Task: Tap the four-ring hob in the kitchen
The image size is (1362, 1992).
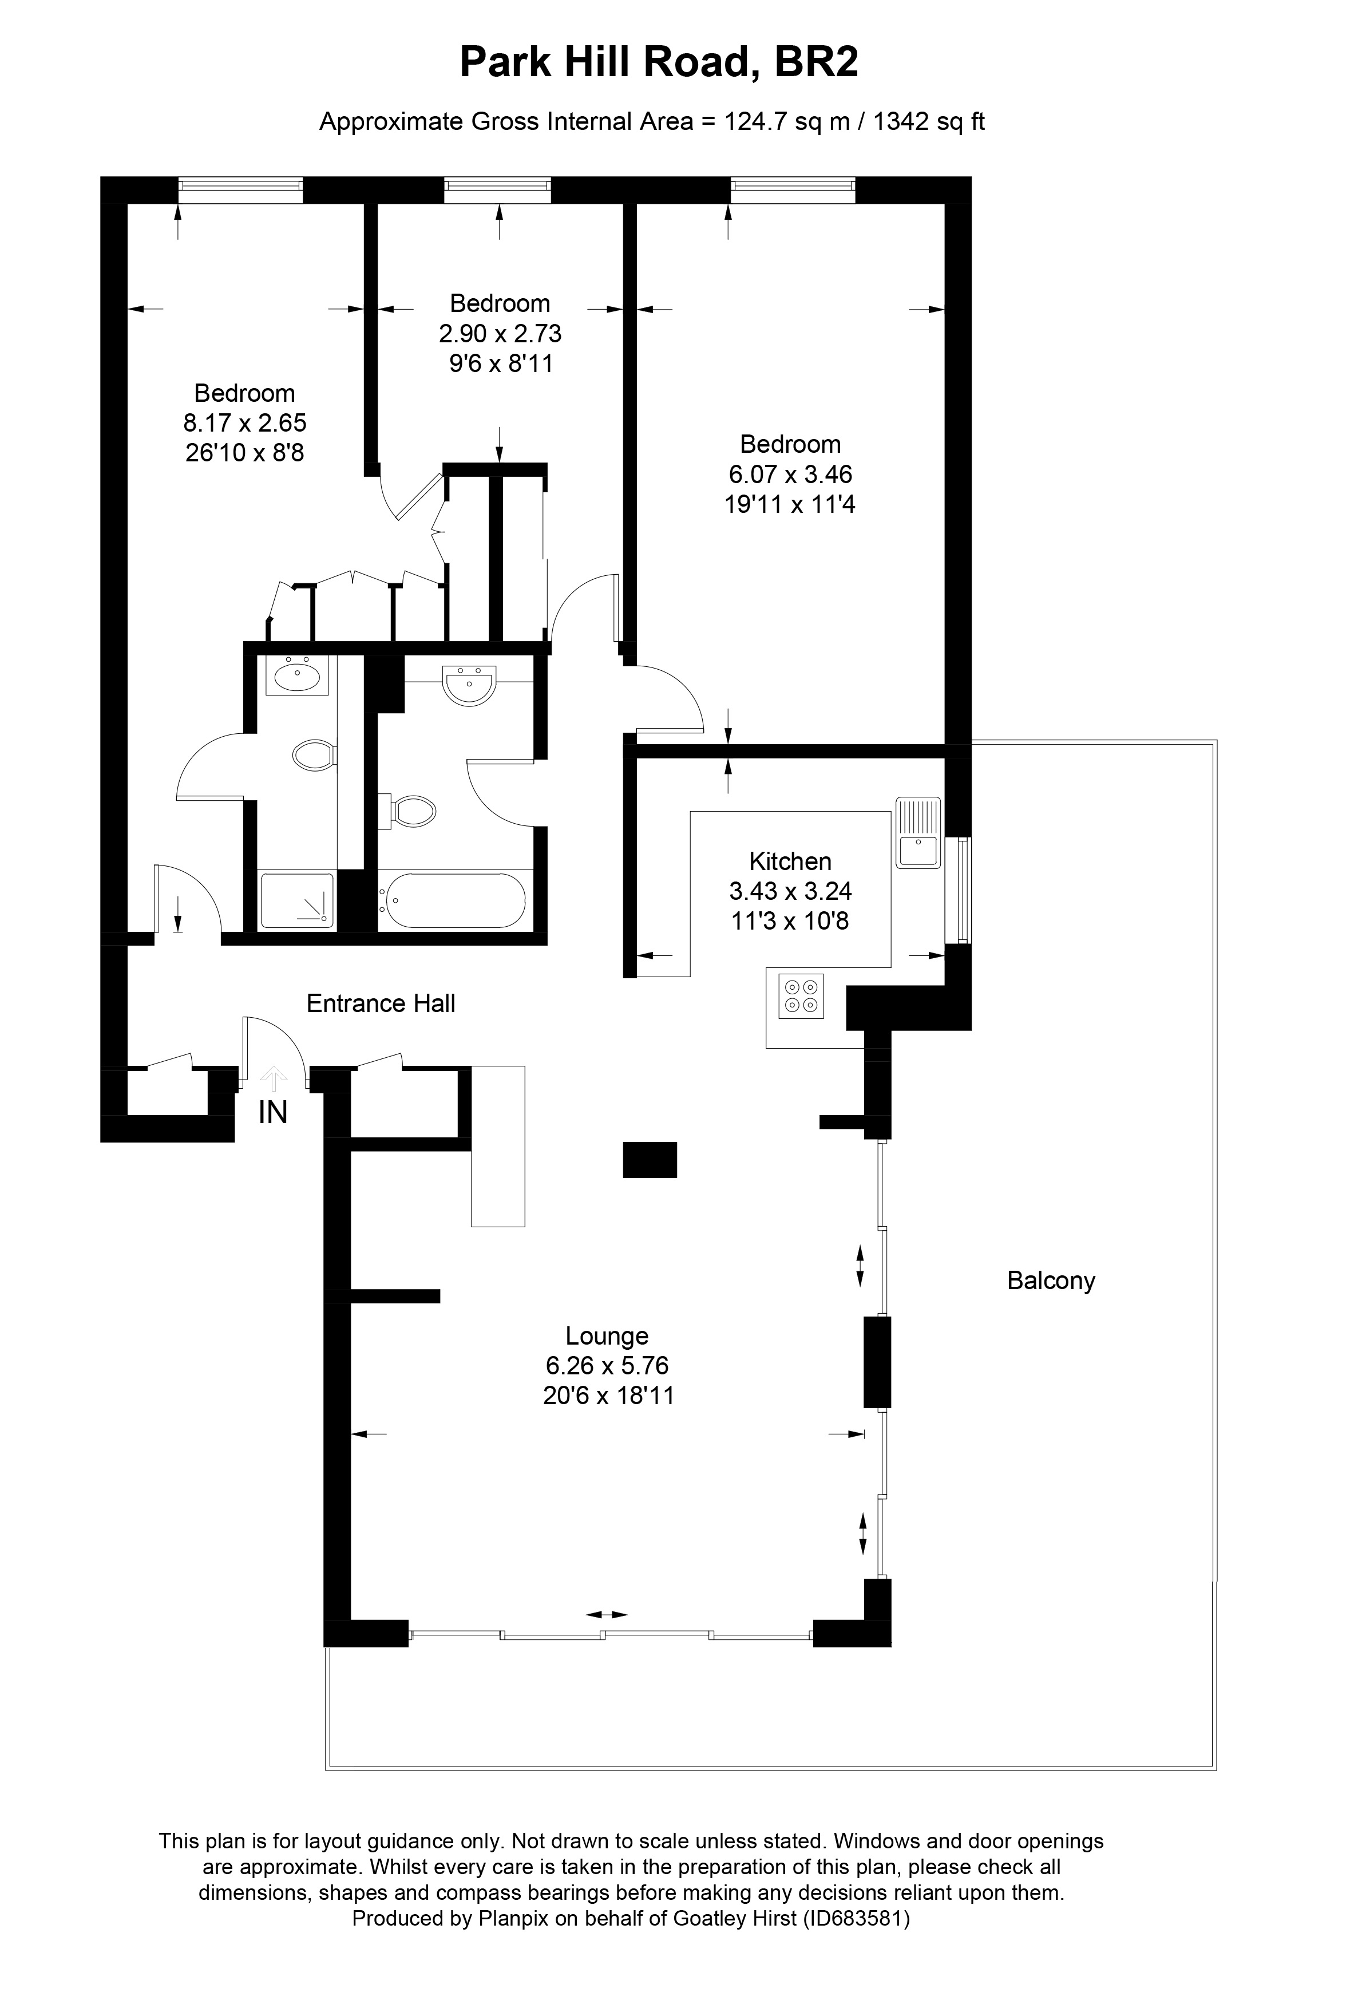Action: [x=801, y=996]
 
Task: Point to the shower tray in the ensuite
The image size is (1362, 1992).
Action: [x=296, y=900]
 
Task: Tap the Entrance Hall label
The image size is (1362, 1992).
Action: [x=381, y=1003]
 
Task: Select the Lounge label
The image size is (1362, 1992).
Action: [x=607, y=1335]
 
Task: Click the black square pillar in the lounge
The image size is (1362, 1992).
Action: [x=650, y=1159]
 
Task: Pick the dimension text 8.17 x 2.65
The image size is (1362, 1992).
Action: [x=245, y=422]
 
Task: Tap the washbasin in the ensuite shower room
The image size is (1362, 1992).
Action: [x=296, y=675]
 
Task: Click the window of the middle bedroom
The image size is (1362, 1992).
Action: [x=498, y=189]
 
